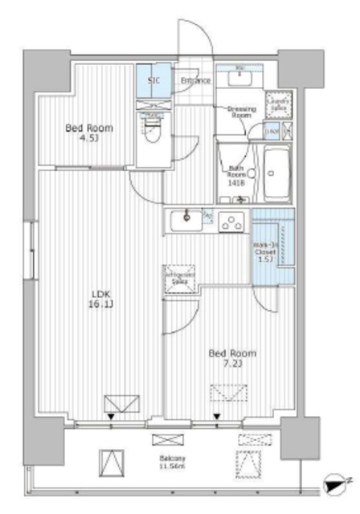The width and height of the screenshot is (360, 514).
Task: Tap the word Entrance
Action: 195,81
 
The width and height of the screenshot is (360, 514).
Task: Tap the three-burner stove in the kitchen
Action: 232,221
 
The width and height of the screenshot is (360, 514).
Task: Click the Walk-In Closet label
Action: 265,251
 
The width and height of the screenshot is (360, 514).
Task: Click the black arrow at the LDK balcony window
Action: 110,417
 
